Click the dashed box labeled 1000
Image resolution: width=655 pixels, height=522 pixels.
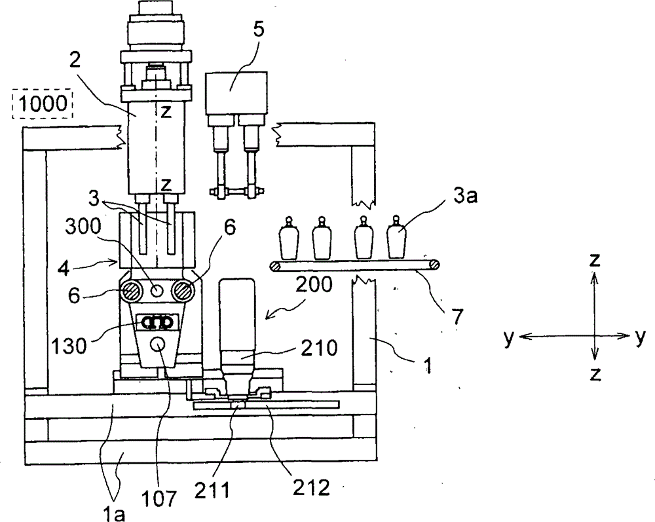coord(43,103)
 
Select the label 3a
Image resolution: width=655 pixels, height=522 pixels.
coord(465,195)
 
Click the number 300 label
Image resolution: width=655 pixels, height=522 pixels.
coord(83,227)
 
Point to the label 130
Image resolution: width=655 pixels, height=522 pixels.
coord(69,346)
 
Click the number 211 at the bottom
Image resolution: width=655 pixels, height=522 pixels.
coord(212,490)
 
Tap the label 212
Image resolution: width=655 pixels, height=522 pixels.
coord(311,487)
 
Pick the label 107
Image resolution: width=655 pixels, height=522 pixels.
coord(159,498)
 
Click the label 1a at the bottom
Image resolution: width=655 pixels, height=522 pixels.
coord(113,514)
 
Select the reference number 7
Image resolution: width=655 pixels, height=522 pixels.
coord(457,317)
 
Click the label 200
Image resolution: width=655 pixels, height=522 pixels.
coord(314,285)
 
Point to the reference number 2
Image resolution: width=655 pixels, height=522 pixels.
coord(75,61)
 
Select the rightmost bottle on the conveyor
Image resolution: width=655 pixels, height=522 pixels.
coord(396,237)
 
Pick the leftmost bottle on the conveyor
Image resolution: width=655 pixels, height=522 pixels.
coord(288,237)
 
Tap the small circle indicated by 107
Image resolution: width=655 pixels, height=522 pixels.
coord(159,344)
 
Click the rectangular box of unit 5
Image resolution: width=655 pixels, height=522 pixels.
coord(236,93)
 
